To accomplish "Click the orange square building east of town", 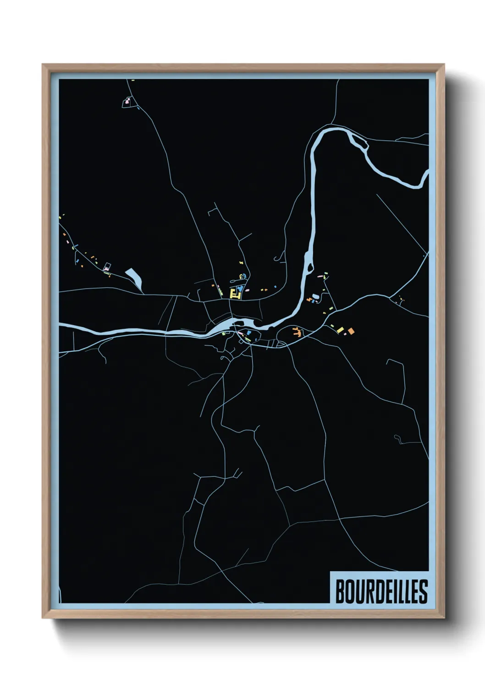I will [351, 330].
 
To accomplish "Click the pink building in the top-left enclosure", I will [128, 100].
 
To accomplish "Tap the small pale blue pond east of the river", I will [314, 296].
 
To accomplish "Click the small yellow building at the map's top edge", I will [133, 81].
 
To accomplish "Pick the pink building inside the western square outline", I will [107, 266].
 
